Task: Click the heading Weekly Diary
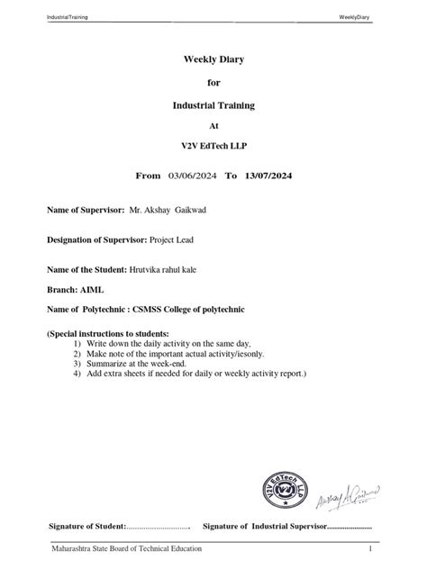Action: click(x=213, y=59)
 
